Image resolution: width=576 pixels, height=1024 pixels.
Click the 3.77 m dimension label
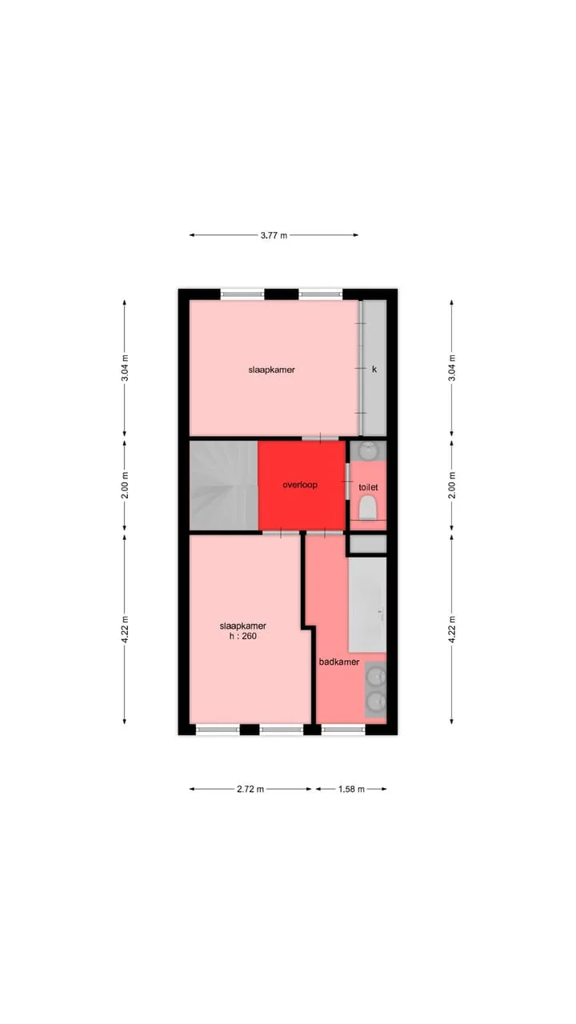(x=274, y=235)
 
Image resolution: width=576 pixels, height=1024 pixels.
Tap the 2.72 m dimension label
(x=250, y=789)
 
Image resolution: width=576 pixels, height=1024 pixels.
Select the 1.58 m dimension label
(x=351, y=789)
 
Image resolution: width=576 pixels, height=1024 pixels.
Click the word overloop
(x=300, y=485)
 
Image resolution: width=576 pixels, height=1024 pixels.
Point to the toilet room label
(x=368, y=487)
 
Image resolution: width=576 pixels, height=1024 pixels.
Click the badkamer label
(x=339, y=662)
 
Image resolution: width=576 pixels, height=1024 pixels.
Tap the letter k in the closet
(x=374, y=369)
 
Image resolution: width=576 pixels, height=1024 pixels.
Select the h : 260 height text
(x=242, y=636)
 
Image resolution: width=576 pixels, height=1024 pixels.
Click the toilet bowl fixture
(x=367, y=509)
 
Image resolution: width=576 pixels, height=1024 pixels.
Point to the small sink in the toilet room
(x=369, y=450)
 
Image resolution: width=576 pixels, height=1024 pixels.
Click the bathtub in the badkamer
(x=367, y=604)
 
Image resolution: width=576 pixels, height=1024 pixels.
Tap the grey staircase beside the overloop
(x=224, y=486)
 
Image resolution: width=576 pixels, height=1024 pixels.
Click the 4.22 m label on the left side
(x=125, y=630)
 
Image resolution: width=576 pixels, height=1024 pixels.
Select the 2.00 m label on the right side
(x=452, y=485)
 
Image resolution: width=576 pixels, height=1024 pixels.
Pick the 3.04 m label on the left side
(x=125, y=367)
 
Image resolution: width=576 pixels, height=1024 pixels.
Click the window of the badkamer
(x=343, y=730)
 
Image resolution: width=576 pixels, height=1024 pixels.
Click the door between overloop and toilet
(x=347, y=482)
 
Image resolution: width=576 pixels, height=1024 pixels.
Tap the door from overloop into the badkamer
(x=325, y=533)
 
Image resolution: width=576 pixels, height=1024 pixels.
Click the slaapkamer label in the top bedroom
(x=271, y=370)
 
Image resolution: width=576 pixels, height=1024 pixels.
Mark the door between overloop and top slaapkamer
(x=320, y=438)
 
